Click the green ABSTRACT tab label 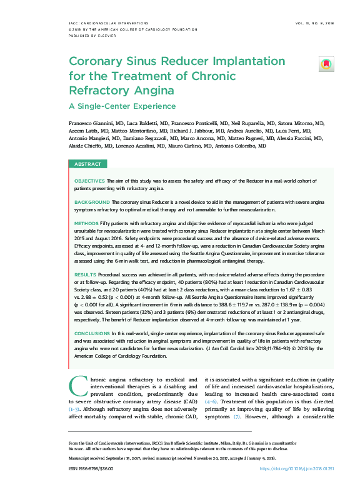(87, 164)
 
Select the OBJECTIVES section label (89, 180)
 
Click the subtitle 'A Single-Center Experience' (122, 106)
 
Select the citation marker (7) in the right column (236, 416)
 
